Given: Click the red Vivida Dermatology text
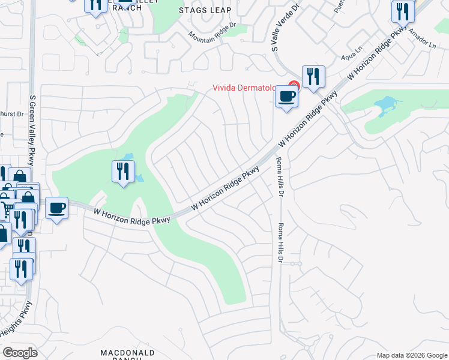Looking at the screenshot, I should [x=249, y=88].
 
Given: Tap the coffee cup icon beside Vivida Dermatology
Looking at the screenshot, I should [x=286, y=96].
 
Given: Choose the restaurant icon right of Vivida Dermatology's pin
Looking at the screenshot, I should [x=313, y=77].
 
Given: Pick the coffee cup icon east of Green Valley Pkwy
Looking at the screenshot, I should [x=56, y=208].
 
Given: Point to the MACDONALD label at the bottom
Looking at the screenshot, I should [x=127, y=352].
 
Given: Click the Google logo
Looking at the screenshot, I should [x=20, y=352].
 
